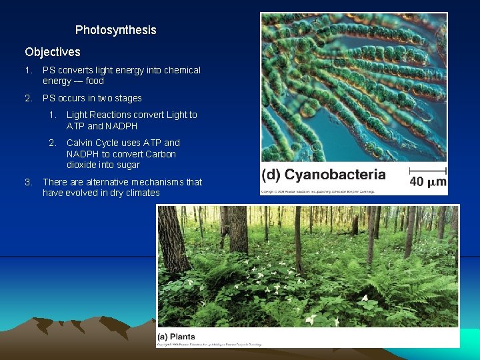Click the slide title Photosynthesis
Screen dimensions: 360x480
pyautogui.click(x=115, y=30)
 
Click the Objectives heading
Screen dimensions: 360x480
pyautogui.click(x=53, y=52)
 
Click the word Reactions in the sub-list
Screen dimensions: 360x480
pyautogui.click(x=115, y=115)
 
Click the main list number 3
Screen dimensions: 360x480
pyautogui.click(x=28, y=182)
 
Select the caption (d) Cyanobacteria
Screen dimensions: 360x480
pyautogui.click(x=324, y=175)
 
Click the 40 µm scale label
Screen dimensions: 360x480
pyautogui.click(x=427, y=181)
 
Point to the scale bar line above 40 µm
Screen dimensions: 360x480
pyautogui.click(x=427, y=168)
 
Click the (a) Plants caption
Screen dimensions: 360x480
pyautogui.click(x=176, y=337)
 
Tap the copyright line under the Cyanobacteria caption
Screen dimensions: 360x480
pyautogui.click(x=318, y=191)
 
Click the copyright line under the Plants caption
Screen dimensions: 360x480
pyautogui.click(x=209, y=345)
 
